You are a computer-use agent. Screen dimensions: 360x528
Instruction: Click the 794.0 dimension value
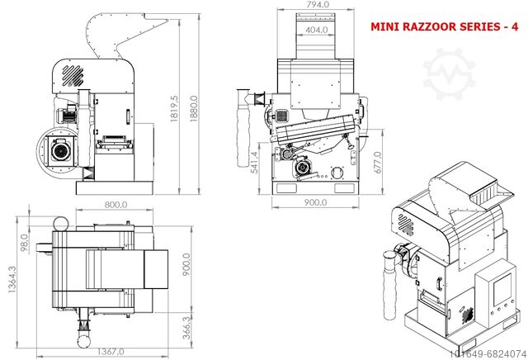tap(318, 5)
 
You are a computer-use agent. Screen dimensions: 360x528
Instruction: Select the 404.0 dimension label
tap(318, 30)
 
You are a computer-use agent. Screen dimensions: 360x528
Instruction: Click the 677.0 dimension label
tap(377, 163)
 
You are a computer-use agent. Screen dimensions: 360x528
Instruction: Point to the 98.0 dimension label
tap(24, 244)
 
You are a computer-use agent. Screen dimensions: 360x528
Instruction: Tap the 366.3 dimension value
tap(188, 326)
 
